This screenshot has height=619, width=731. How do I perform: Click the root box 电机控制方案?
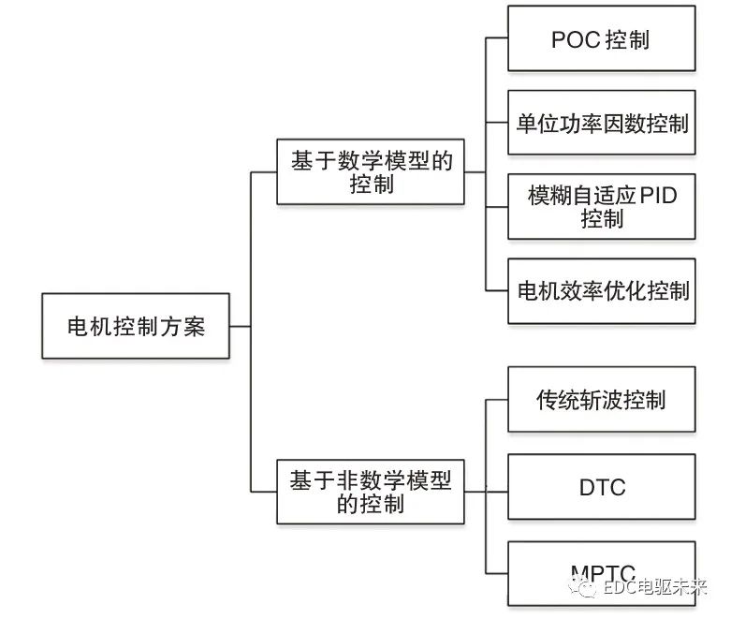click(x=136, y=326)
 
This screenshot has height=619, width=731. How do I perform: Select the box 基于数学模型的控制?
click(x=371, y=172)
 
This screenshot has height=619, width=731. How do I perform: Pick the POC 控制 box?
click(x=602, y=39)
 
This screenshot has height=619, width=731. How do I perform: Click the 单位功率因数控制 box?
click(x=602, y=123)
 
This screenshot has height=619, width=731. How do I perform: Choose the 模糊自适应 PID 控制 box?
click(x=602, y=207)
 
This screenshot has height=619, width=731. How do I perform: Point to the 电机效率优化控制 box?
click(x=602, y=290)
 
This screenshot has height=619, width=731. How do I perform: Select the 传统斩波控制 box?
click(x=602, y=400)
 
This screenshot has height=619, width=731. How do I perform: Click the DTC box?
click(x=602, y=487)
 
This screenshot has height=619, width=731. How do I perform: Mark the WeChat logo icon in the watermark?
click(x=586, y=587)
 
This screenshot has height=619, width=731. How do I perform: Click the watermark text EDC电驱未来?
click(x=655, y=588)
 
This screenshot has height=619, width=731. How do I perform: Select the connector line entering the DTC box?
click(x=497, y=487)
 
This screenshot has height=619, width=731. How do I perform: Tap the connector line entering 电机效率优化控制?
click(x=497, y=290)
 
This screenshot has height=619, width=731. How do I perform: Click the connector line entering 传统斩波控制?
click(x=497, y=400)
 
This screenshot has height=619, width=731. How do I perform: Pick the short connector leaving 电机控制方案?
click(x=240, y=326)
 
